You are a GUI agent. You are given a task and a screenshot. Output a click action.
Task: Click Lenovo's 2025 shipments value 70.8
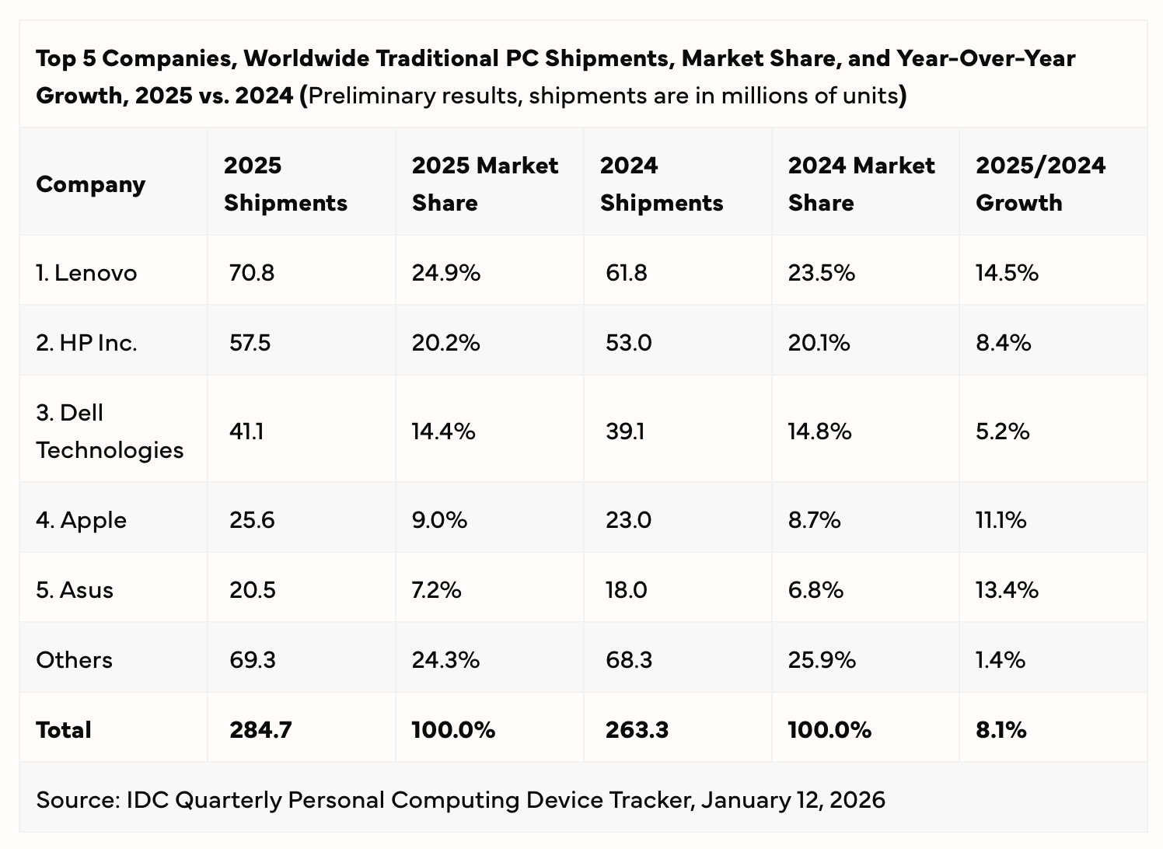pyautogui.click(x=252, y=273)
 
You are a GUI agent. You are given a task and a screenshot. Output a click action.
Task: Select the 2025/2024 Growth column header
pyautogui.click(x=1040, y=183)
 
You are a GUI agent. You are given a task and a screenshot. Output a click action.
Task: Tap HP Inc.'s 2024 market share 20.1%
pyautogui.click(x=819, y=343)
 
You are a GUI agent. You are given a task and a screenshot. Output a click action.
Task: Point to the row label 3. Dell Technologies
pyautogui.click(x=110, y=431)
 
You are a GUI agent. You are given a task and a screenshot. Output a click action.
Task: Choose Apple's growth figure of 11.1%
pyautogui.click(x=1001, y=520)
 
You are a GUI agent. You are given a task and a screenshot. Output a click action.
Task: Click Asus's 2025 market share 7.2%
pyautogui.click(x=436, y=590)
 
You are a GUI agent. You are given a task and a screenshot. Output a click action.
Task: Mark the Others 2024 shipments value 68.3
pyautogui.click(x=629, y=660)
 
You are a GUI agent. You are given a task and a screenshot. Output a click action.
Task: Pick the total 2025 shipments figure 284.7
pyautogui.click(x=260, y=729)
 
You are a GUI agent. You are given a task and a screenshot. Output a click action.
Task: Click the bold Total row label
pyautogui.click(x=63, y=729)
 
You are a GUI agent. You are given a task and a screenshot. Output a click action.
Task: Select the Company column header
pyautogui.click(x=91, y=185)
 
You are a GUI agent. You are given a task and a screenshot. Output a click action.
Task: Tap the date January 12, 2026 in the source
pyautogui.click(x=793, y=800)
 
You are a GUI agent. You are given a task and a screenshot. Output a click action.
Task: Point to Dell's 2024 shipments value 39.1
pyautogui.click(x=624, y=431)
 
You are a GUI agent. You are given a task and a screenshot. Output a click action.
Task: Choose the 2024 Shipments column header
pyautogui.click(x=662, y=183)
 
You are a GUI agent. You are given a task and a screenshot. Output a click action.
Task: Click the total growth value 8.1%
pyautogui.click(x=1001, y=729)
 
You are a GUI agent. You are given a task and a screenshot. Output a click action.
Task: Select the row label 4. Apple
pyautogui.click(x=81, y=520)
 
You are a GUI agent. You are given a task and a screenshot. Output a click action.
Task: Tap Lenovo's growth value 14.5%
pyautogui.click(x=1008, y=273)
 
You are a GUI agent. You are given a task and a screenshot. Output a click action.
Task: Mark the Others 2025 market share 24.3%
pyautogui.click(x=445, y=660)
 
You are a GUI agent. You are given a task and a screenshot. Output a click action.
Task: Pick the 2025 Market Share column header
pyautogui.click(x=485, y=183)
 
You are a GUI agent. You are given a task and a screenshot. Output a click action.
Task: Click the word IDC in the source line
pyautogui.click(x=148, y=800)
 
